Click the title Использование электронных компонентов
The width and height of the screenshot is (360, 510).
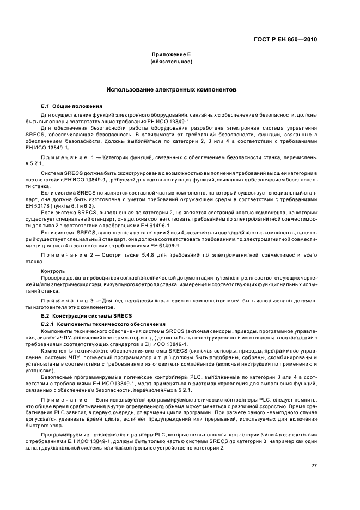point(171,90)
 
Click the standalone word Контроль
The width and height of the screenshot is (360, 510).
point(53,271)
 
